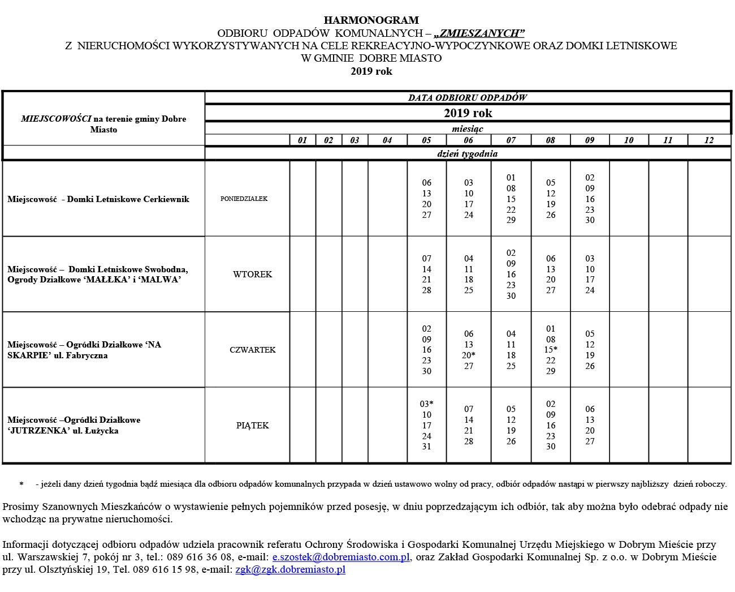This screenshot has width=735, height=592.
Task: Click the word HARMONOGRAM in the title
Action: pyautogui.click(x=371, y=21)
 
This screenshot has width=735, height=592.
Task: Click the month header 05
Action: pyautogui.click(x=426, y=140)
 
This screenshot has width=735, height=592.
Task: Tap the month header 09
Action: pyautogui.click(x=590, y=140)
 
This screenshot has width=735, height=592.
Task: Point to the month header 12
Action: pyautogui.click(x=708, y=140)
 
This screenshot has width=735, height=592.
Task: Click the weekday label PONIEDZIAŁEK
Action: pyautogui.click(x=244, y=199)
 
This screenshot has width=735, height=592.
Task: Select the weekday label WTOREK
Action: pyautogui.click(x=252, y=274)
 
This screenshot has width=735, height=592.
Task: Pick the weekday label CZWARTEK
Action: pyautogui.click(x=252, y=350)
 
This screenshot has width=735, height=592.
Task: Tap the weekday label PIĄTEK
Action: pyautogui.click(x=252, y=426)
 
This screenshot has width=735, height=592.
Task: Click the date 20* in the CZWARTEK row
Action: pyautogui.click(x=468, y=355)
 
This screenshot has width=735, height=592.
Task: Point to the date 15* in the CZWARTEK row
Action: pyautogui.click(x=551, y=350)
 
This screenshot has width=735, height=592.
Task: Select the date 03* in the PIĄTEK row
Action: pyautogui.click(x=426, y=404)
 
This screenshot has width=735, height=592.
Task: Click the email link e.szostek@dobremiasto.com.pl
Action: pyautogui.click(x=341, y=557)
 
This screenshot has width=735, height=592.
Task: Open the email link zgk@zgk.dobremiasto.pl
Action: pyautogui.click(x=290, y=570)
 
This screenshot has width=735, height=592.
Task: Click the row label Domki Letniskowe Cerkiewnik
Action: pyautogui.click(x=128, y=199)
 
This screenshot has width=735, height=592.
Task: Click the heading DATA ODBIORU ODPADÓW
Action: pyautogui.click(x=468, y=97)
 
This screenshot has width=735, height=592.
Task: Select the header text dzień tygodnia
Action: pyautogui.click(x=468, y=153)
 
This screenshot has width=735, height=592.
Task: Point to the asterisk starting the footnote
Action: pyautogui.click(x=21, y=484)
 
